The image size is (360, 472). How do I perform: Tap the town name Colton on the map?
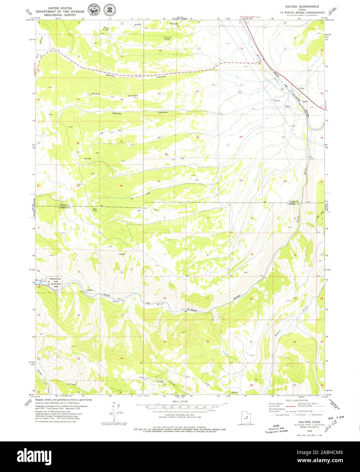[x=301, y=88]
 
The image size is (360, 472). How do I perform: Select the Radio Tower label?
[x=95, y=210]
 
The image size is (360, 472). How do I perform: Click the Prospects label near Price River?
[x=90, y=290]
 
